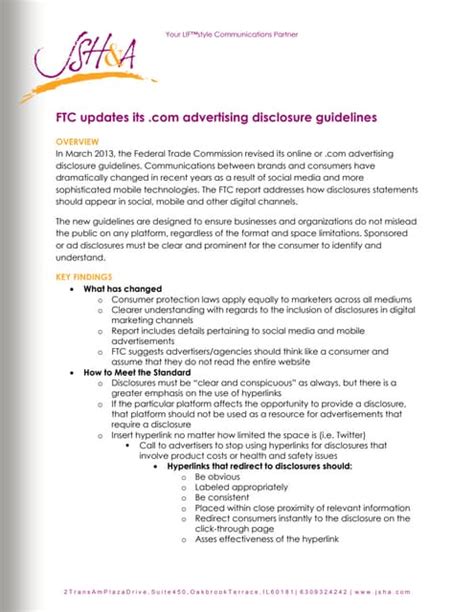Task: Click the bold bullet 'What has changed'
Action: point(117,287)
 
